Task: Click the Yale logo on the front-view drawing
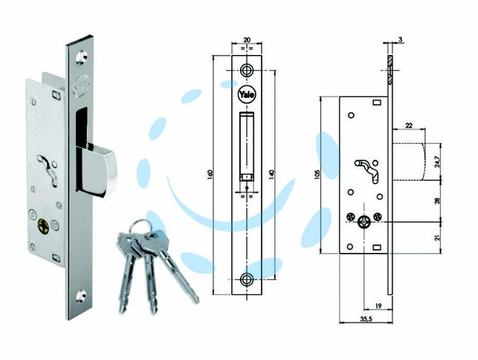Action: pyautogui.click(x=247, y=94)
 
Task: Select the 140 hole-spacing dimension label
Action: pyautogui.click(x=272, y=174)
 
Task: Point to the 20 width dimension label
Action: pyautogui.click(x=247, y=40)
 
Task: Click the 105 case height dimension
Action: pyautogui.click(x=317, y=174)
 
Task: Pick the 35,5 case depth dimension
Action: pyautogui.click(x=366, y=319)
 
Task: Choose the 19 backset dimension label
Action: pyautogui.click(x=378, y=306)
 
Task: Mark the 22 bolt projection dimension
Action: pyautogui.click(x=409, y=126)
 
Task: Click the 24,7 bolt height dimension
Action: pyautogui.click(x=437, y=161)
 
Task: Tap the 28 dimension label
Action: pyautogui.click(x=437, y=201)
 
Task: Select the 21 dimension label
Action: pyautogui.click(x=437, y=237)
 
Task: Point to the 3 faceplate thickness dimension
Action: pyautogui.click(x=400, y=39)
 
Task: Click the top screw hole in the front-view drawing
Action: pyautogui.click(x=246, y=71)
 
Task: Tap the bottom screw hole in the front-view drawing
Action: pyautogui.click(x=246, y=279)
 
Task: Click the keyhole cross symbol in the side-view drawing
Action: pyautogui.click(x=364, y=222)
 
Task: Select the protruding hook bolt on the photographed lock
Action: pyautogui.click(x=97, y=169)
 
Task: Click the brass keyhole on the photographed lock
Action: pyautogui.click(x=43, y=226)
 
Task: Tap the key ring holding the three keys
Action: pyautogui.click(x=140, y=227)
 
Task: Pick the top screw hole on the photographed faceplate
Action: pyautogui.click(x=82, y=57)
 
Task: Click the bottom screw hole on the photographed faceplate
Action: pyautogui.click(x=81, y=295)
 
